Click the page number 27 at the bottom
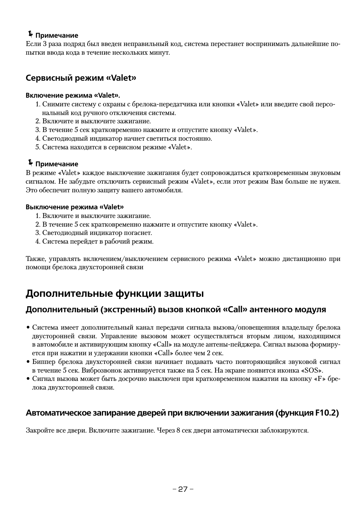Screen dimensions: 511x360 click(183, 489)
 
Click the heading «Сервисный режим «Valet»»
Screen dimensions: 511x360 click(80, 78)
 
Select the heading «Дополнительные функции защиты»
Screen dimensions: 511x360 click(115, 293)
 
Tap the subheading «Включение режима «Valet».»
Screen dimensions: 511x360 click(75, 95)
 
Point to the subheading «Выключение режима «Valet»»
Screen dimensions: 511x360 click(74, 207)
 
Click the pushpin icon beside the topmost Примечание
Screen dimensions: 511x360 click(30, 34)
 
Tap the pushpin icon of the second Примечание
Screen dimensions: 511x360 click(30, 163)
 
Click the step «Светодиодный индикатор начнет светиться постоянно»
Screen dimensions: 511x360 click(127, 138)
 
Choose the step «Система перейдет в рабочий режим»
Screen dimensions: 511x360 click(98, 241)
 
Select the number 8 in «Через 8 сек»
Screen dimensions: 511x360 click(178, 430)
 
